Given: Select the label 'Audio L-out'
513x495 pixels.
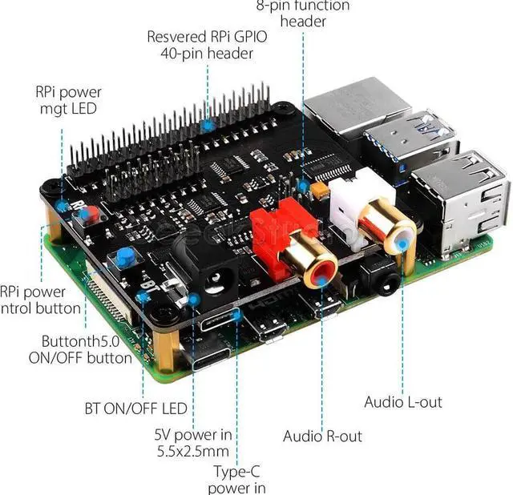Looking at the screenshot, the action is [x=402, y=401].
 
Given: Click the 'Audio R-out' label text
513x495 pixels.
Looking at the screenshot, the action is [x=322, y=437].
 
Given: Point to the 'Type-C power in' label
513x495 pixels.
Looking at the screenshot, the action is [x=236, y=480].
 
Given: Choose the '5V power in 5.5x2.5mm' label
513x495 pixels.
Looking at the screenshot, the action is [x=193, y=443].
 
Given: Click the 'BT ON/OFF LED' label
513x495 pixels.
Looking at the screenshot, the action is [x=135, y=408].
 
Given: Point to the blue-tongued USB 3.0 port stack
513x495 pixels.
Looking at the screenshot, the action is [x=412, y=139].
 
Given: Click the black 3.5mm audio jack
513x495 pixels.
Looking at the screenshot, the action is [x=381, y=280].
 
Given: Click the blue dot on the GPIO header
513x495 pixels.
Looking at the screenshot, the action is [x=208, y=126].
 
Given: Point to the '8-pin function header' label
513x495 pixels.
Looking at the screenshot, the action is [x=303, y=14].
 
